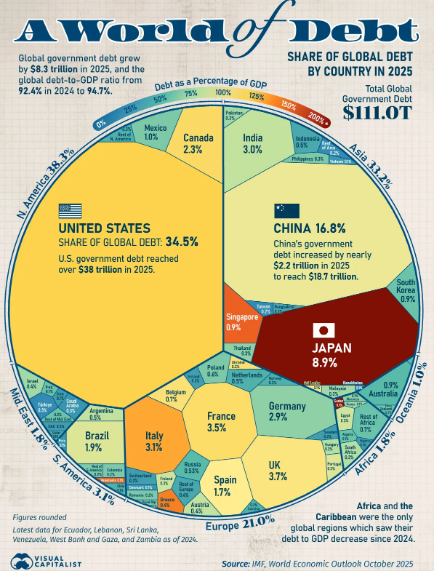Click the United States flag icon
(x=71, y=211)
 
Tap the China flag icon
(x=286, y=211)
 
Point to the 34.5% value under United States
(x=182, y=241)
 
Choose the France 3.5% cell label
(x=221, y=422)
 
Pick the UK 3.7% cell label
(x=277, y=470)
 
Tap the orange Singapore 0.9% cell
(x=242, y=321)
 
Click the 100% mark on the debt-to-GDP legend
(x=223, y=93)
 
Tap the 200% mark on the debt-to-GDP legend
(x=316, y=116)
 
